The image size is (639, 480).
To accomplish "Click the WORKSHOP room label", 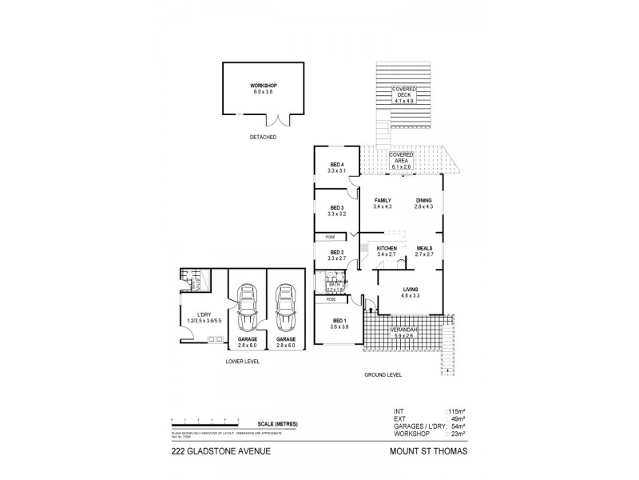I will pos(262,86).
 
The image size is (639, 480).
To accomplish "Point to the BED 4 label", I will pos(336,166).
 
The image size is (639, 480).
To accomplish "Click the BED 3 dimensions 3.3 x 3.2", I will pos(336,214).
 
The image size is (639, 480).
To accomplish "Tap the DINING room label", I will pos(423,201).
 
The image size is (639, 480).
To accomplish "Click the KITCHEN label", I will pos(387,249).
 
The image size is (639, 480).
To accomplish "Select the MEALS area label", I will pos(424,249).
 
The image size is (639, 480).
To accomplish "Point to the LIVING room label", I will pos(412,290).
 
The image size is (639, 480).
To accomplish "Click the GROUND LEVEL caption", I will pos(384,374).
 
